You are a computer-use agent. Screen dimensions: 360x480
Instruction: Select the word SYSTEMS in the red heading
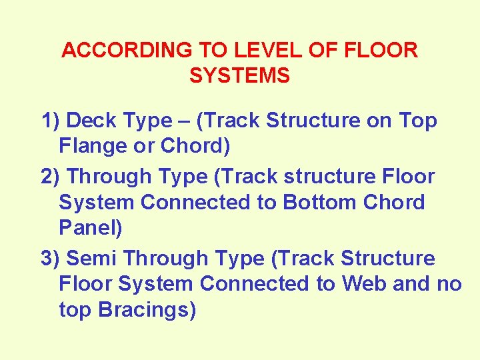[x=240, y=76]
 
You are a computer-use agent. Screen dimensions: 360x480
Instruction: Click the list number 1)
[x=51, y=121]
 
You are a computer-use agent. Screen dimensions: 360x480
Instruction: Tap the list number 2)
[x=51, y=177]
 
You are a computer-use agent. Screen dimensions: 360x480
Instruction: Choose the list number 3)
[x=51, y=258]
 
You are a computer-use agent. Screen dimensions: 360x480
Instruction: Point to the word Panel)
[x=91, y=227]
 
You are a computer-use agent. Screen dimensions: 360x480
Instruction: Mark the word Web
[x=365, y=283]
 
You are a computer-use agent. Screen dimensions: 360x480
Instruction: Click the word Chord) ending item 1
[x=196, y=146]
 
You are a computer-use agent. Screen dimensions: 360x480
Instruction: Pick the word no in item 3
[x=449, y=283]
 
